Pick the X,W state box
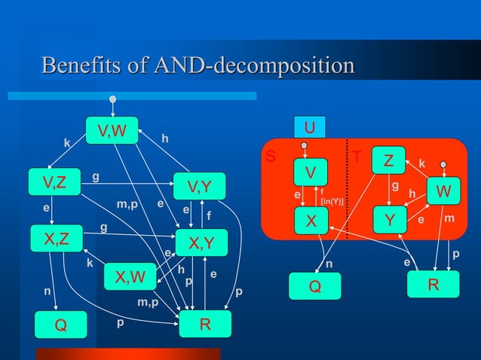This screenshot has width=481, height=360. (129, 277)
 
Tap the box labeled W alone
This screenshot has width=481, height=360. (444, 192)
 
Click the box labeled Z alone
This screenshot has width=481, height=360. (388, 160)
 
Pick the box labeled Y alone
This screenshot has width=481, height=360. (389, 221)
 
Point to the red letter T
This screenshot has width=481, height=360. (358, 159)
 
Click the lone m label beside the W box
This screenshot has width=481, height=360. (449, 218)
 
